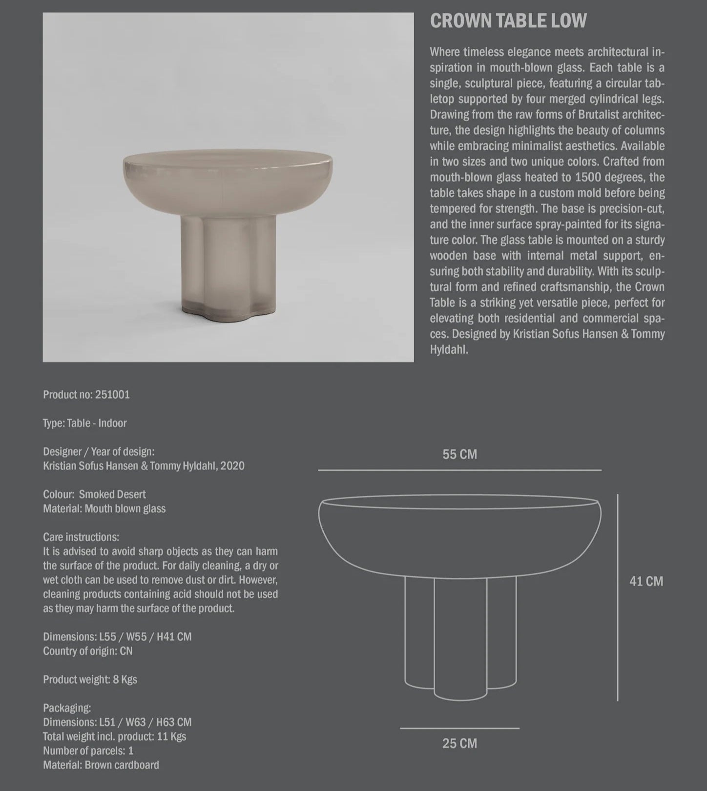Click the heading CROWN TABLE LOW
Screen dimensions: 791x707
pos(508,21)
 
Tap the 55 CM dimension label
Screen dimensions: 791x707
pos(459,454)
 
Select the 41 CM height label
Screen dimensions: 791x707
pos(646,581)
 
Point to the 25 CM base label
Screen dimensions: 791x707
pos(459,743)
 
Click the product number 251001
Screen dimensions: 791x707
pos(112,395)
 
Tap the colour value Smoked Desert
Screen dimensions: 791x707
pos(112,494)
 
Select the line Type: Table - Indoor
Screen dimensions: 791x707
pos(85,423)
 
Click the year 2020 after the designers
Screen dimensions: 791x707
pos(232,466)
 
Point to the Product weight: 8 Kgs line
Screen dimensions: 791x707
pos(90,679)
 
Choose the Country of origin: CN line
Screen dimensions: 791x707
pos(88,651)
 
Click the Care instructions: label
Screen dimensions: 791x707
pos(81,537)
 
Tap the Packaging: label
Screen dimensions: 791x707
pos(67,708)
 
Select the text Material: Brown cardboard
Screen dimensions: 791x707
pos(101,765)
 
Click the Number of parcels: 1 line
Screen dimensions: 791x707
pos(88,750)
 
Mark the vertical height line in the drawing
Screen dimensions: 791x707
pos(618,597)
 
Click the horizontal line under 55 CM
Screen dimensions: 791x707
pos(459,470)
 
